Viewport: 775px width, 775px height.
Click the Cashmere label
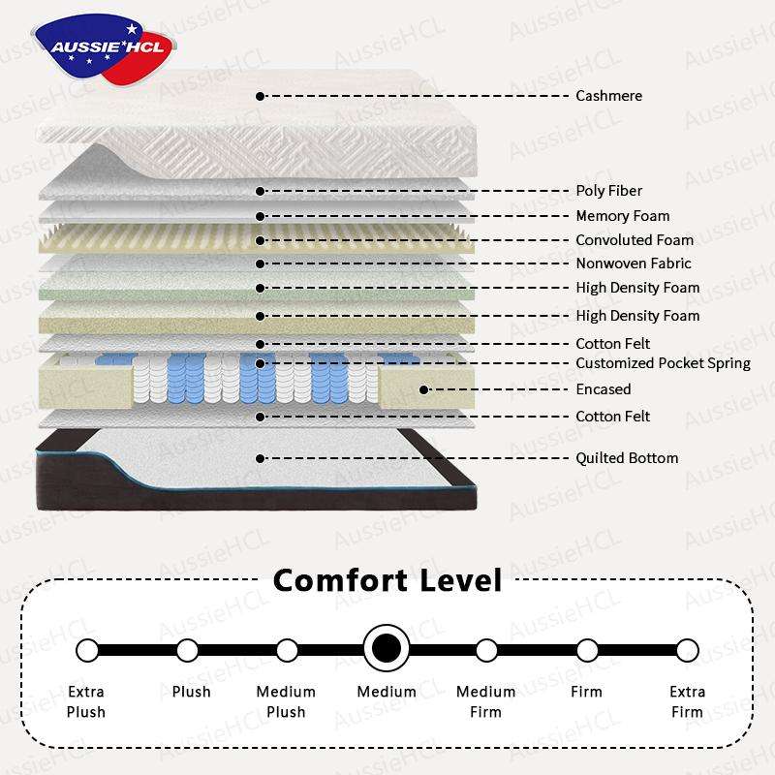[608, 96]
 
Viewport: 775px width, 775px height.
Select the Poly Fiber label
[608, 191]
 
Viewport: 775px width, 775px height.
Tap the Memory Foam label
[622, 216]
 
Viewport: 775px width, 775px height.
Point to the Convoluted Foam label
[635, 240]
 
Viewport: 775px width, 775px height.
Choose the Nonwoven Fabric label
[634, 263]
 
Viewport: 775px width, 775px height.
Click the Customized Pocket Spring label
[663, 363]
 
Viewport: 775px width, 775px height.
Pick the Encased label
[603, 389]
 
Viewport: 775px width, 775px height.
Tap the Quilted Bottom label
[627, 458]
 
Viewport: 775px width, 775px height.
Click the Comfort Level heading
[387, 580]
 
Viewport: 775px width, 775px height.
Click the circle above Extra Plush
[87, 649]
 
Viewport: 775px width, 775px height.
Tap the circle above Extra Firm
[687, 649]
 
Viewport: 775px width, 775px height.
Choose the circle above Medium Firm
[486, 649]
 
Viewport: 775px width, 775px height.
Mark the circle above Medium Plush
[287, 649]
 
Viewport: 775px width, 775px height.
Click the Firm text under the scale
[586, 692]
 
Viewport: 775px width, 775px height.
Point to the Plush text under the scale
[191, 692]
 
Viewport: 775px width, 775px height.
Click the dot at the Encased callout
[424, 389]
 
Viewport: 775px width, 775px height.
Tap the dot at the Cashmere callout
[260, 96]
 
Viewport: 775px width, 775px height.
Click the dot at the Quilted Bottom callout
[260, 458]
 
